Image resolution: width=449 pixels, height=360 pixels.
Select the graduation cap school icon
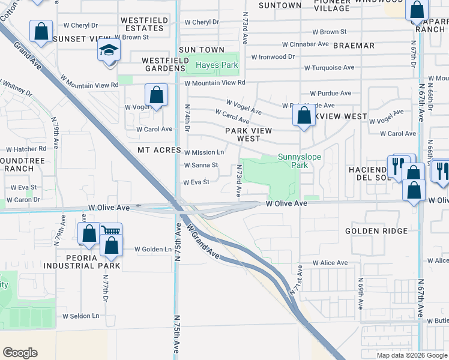coord(108,50)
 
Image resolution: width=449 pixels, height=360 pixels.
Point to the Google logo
coord(20,352)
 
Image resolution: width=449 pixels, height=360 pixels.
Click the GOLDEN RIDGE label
coord(377,231)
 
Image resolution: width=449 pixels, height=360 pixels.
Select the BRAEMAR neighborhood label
coord(354,46)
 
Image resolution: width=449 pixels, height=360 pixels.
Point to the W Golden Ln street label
coord(152,249)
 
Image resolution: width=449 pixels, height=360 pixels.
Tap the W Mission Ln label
coord(204,152)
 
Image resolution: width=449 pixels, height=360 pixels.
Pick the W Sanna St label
coord(200,165)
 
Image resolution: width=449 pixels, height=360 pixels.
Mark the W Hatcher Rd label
coord(26,149)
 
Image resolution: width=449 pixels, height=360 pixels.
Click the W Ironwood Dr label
coord(273,56)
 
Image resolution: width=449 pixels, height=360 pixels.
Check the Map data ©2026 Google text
coord(412,355)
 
